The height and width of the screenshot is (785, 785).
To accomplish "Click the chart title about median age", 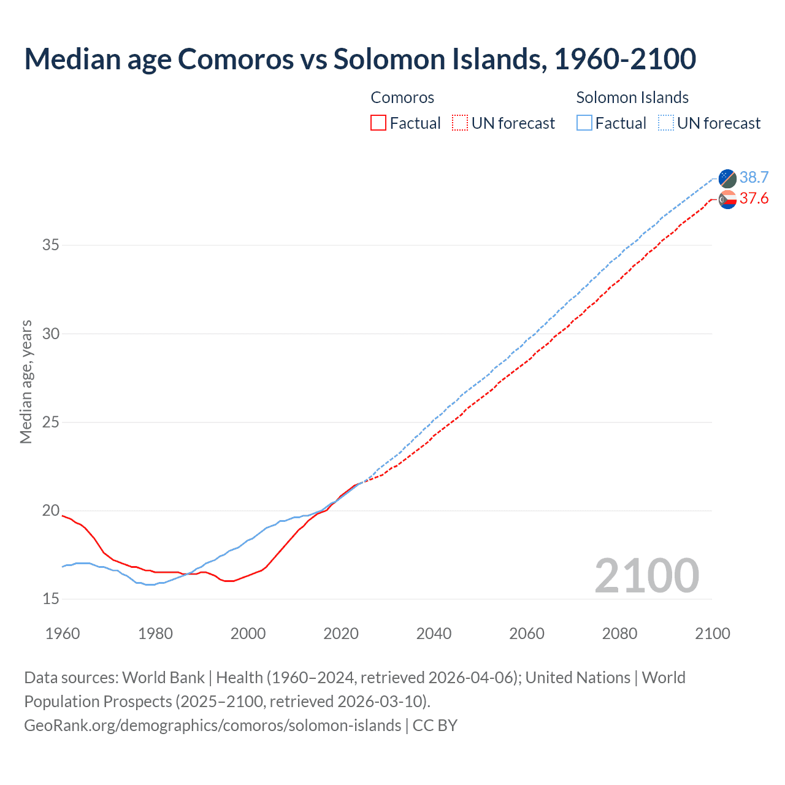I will pyautogui.click(x=360, y=59).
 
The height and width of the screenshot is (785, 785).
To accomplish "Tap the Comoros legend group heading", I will pyautogui.click(x=402, y=98).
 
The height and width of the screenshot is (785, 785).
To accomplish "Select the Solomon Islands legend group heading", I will pyautogui.click(x=632, y=98).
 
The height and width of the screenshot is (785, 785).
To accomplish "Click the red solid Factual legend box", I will pyautogui.click(x=378, y=123).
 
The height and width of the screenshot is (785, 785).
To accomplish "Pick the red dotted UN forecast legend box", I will pyautogui.click(x=460, y=123).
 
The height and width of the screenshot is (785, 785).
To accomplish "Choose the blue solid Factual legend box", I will pyautogui.click(x=584, y=123).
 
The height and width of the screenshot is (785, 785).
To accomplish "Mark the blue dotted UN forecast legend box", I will pyautogui.click(x=665, y=123).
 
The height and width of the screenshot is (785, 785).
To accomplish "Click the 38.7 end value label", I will pyautogui.click(x=754, y=178).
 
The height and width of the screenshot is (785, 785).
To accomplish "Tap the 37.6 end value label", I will pyautogui.click(x=754, y=199).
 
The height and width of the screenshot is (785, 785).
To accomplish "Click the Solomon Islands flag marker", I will pyautogui.click(x=727, y=178).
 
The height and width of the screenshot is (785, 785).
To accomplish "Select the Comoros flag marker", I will pyautogui.click(x=727, y=199).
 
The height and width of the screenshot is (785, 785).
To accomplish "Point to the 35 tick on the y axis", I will pyautogui.click(x=51, y=245).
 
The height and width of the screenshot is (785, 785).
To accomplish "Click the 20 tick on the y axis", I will pyautogui.click(x=51, y=511).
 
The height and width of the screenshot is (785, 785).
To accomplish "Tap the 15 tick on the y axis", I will pyautogui.click(x=51, y=599).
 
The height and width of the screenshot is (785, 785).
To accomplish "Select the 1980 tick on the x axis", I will pyautogui.click(x=155, y=634).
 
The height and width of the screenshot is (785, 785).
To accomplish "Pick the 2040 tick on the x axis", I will pyautogui.click(x=434, y=634).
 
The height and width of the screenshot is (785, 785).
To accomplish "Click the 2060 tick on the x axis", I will pyautogui.click(x=527, y=634).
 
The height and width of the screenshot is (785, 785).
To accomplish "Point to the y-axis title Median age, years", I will pyautogui.click(x=26, y=381).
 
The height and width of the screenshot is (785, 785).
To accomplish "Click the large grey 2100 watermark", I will pyautogui.click(x=646, y=576).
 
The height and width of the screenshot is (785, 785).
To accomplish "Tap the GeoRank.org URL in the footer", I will pyautogui.click(x=212, y=726).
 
